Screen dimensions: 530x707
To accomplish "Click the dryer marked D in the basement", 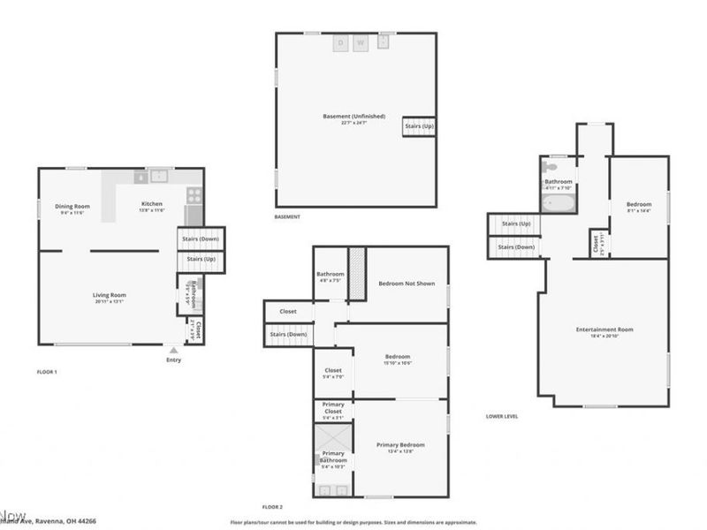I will [x=340, y=43].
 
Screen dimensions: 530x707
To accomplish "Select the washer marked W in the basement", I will [x=361, y=43].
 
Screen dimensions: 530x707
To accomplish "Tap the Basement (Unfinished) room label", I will [x=353, y=117].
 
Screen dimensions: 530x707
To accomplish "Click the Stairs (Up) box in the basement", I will [x=419, y=126].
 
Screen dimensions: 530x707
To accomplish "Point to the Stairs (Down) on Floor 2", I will [x=288, y=334].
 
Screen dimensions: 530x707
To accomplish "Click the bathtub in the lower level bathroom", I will [x=559, y=204].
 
